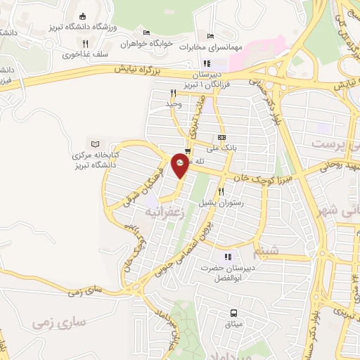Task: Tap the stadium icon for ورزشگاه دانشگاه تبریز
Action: point(82,16)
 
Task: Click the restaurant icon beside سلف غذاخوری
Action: point(85,44)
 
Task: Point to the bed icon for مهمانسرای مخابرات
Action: point(210,37)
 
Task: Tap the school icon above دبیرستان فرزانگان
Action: point(207,64)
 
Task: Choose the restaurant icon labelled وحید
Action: point(172,92)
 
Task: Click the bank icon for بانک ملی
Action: point(222,137)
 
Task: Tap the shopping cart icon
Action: point(187,151)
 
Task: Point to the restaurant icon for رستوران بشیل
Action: point(221,191)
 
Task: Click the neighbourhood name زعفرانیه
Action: point(167,210)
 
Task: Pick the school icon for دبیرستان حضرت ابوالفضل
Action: point(227,257)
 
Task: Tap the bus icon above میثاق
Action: point(233,314)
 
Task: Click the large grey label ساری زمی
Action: point(58,322)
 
